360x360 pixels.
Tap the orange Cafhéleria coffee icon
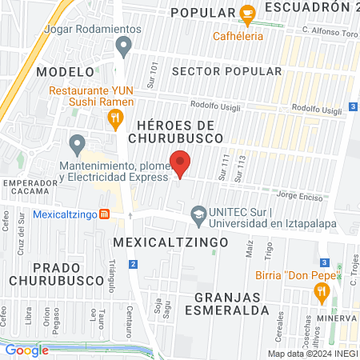click(x=247, y=14)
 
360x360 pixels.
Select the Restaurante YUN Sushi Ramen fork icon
click(x=117, y=120)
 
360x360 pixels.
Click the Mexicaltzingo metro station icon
click(x=104, y=214)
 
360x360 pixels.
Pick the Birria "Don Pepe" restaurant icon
click(x=322, y=292)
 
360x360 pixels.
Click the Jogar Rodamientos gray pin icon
click(x=123, y=48)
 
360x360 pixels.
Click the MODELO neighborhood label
click(x=60, y=71)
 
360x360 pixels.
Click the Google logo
click(x=26, y=349)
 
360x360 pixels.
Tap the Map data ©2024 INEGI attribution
click(x=312, y=354)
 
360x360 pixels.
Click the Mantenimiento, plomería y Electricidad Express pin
click(x=77, y=145)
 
